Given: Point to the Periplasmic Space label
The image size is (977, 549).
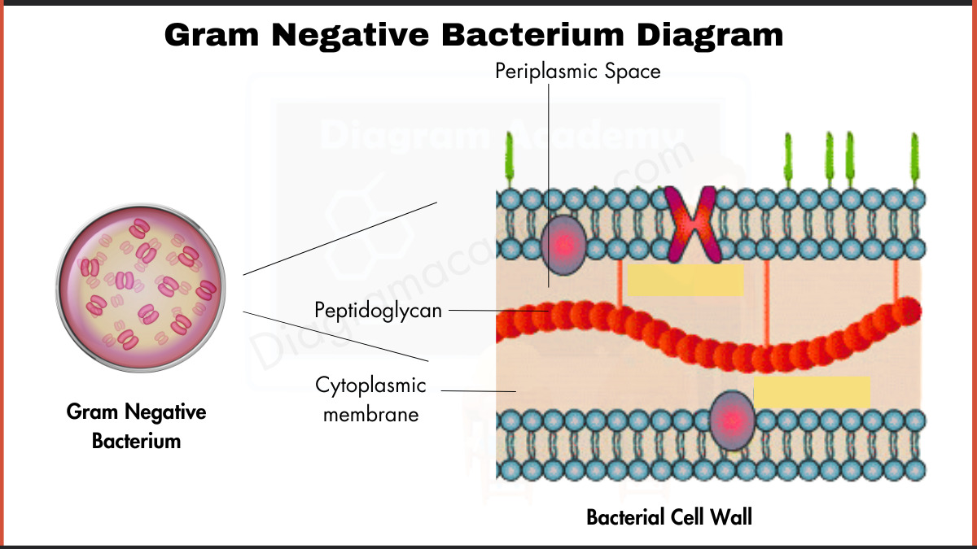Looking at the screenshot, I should pyautogui.click(x=577, y=72).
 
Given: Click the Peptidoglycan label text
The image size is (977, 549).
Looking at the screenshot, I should pyautogui.click(x=378, y=310).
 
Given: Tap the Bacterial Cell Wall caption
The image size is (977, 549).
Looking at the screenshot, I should pyautogui.click(x=669, y=517).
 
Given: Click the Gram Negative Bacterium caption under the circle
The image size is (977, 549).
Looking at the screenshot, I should pyautogui.click(x=136, y=426).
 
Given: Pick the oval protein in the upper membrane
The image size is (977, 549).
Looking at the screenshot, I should pyautogui.click(x=563, y=244).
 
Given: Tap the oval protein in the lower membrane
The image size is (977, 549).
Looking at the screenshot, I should pyautogui.click(x=731, y=420).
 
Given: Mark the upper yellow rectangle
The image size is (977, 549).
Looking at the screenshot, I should pyautogui.click(x=685, y=279).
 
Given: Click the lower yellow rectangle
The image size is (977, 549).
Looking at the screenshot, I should pyautogui.click(x=812, y=392).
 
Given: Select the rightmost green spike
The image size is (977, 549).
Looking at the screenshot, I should pyautogui.click(x=914, y=161).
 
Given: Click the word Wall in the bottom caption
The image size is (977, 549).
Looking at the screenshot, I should pyautogui.click(x=732, y=517).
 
